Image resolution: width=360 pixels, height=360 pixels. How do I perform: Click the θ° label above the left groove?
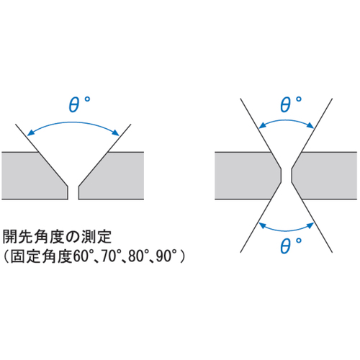coord(79,104)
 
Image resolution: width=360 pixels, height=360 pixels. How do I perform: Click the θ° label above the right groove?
coord(291,104)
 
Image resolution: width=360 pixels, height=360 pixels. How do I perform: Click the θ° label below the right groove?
coord(291,246)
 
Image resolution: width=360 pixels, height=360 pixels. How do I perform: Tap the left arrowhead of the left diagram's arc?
coord(31,132)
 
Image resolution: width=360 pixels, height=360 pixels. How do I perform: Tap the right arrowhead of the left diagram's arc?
coord(116,132)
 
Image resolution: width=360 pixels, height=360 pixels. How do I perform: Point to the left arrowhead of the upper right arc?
coord(262,125)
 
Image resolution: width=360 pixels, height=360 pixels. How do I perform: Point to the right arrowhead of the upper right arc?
coord(310,125)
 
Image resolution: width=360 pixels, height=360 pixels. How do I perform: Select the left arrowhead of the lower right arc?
coord(262,225)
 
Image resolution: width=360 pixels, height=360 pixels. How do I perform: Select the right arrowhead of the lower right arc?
coord(310,225)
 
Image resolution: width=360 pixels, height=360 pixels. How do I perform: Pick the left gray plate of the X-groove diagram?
coord(245,176)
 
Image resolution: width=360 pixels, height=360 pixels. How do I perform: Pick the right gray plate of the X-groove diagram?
coord(326,176)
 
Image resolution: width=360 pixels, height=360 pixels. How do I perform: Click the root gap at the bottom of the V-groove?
coord(73,193)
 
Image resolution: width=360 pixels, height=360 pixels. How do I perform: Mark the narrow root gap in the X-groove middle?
coord(287,176)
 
